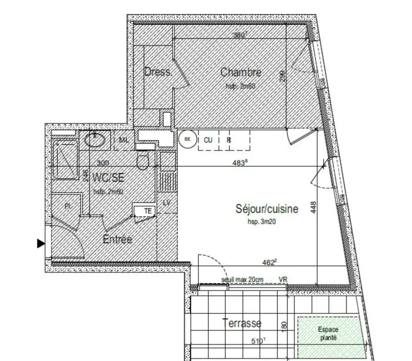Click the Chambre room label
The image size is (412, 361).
[241, 73]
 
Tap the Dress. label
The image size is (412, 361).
[158, 72]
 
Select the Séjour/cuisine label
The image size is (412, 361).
[267, 209]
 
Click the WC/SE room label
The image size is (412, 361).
[108, 178]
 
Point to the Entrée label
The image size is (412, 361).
[117, 239]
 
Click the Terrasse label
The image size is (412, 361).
[242, 323]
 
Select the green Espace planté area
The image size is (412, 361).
[328, 337]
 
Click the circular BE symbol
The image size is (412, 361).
[187, 140]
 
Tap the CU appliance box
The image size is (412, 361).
[208, 140]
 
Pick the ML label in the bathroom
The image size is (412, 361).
[124, 140]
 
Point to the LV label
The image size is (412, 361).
[167, 203]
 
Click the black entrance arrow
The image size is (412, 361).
[41, 244]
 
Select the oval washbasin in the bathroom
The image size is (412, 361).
[95, 140]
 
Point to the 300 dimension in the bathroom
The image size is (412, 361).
[103, 163]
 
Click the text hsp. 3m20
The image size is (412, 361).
[262, 222]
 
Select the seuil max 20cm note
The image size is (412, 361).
[242, 280]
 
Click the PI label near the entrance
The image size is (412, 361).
[68, 206]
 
